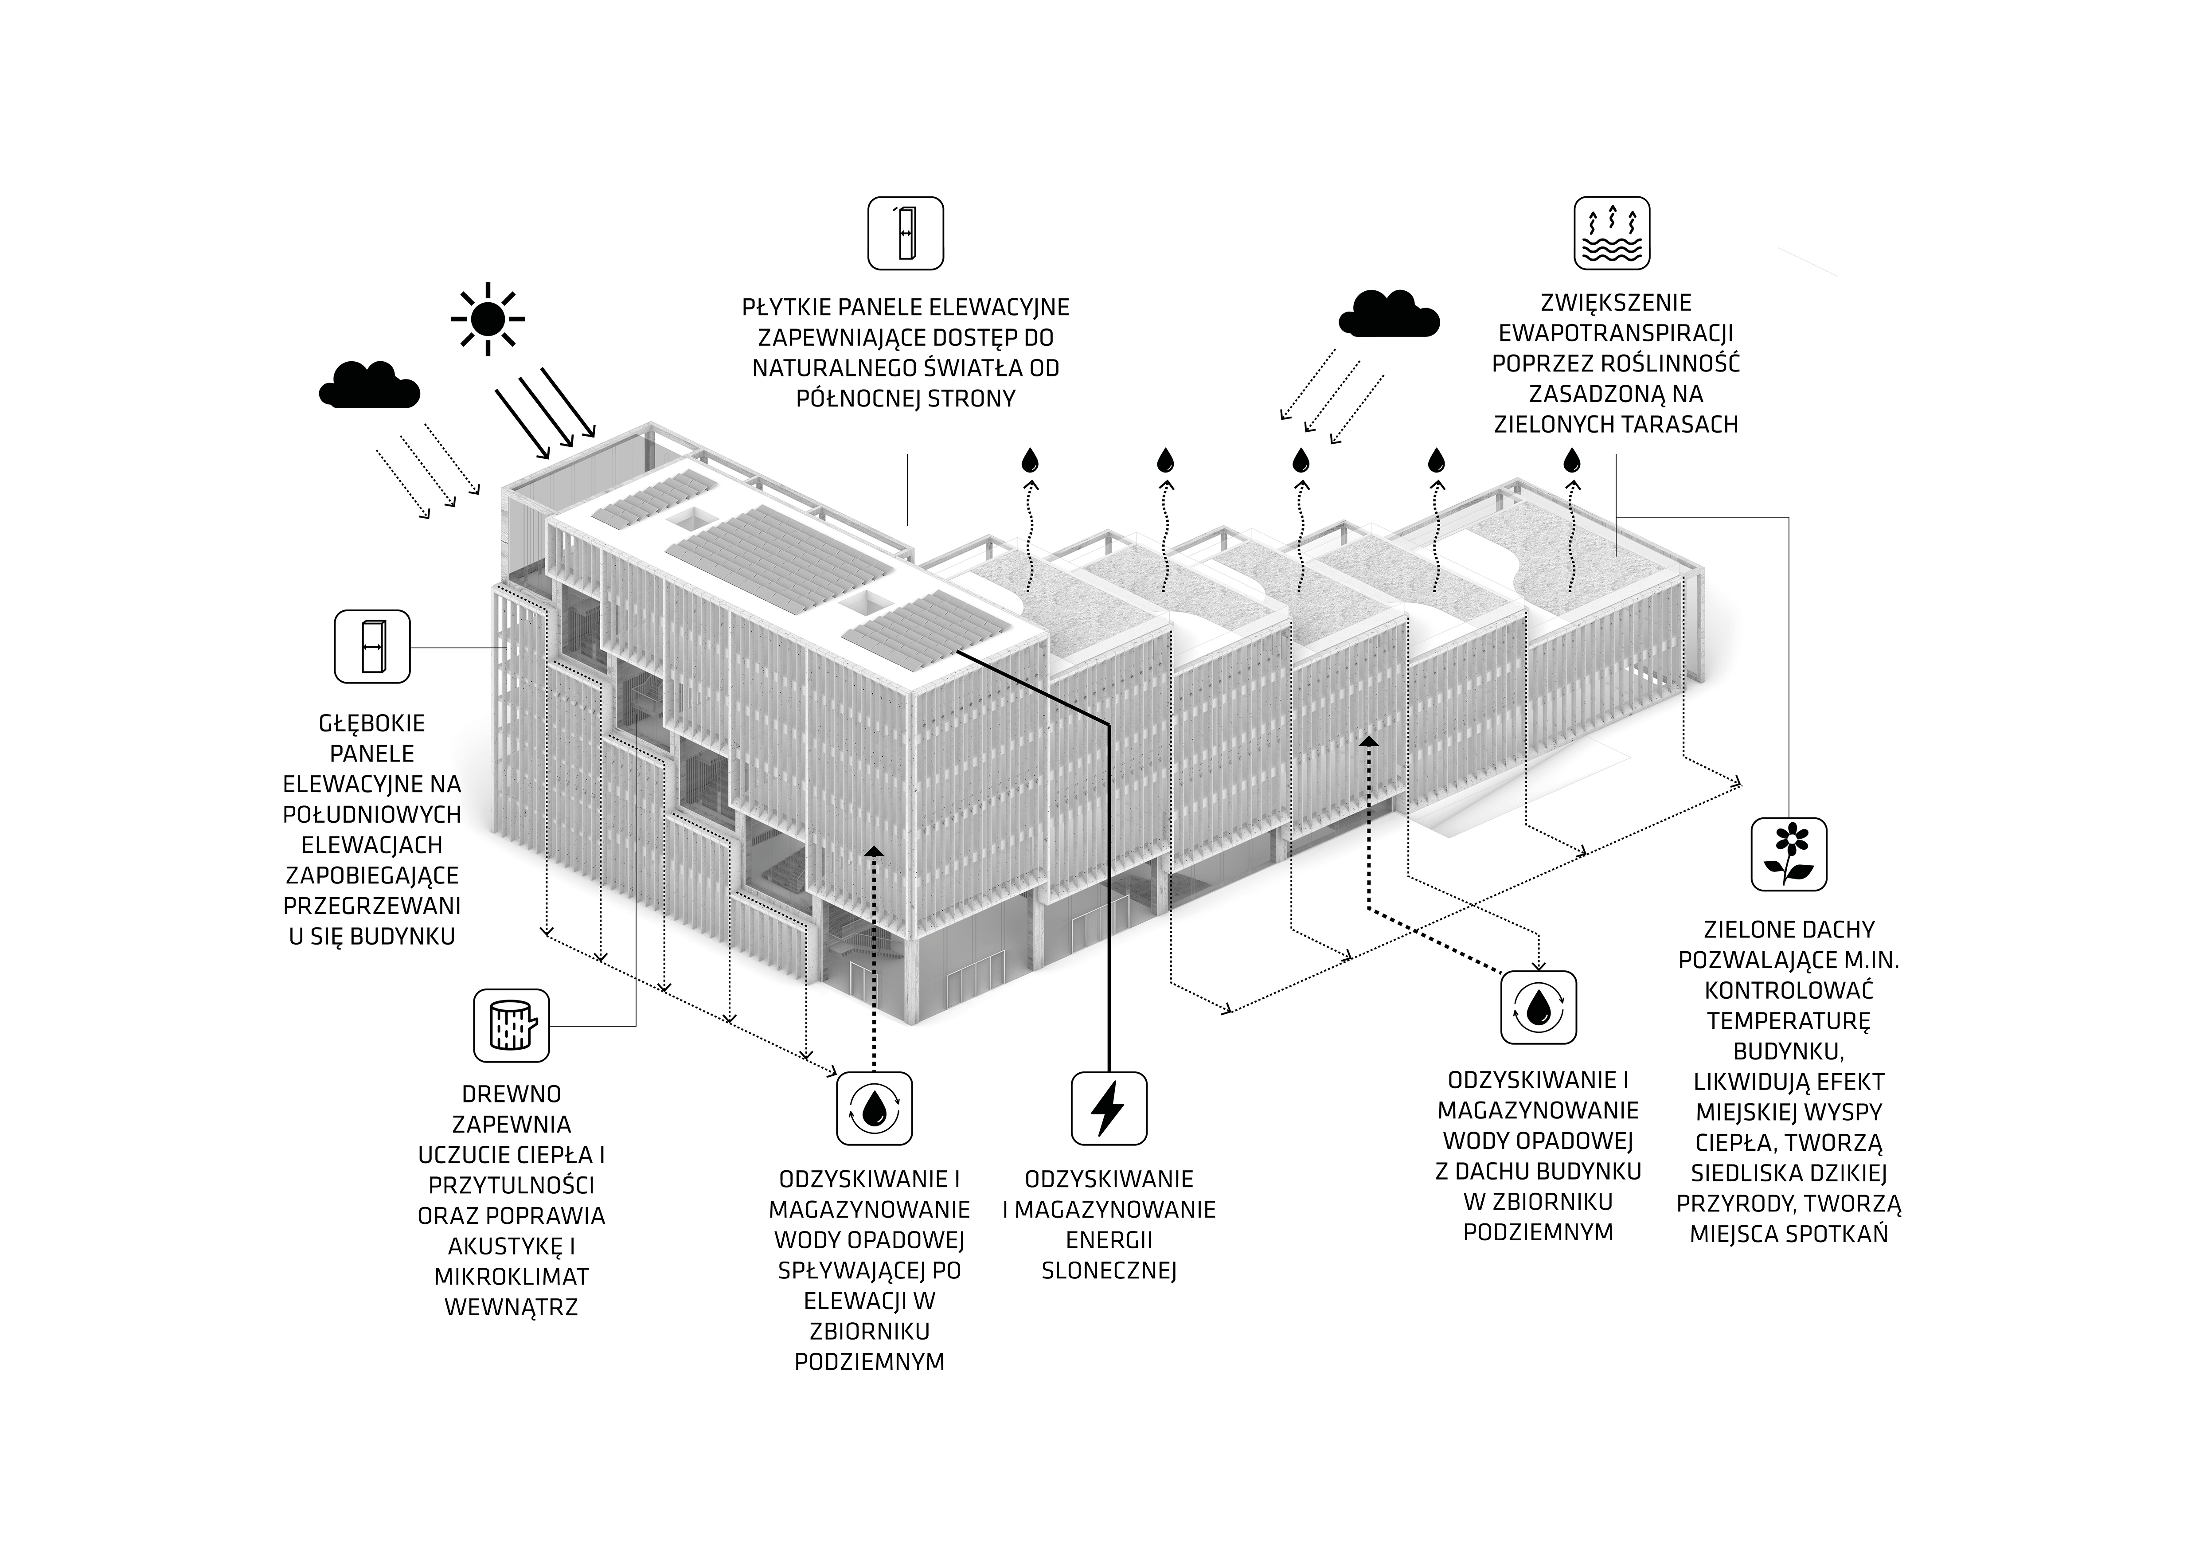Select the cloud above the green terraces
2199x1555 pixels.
point(1389,313)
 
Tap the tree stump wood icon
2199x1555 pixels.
point(512,1025)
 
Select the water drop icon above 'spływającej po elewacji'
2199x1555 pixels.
point(874,1108)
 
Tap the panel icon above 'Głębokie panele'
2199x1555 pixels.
point(371,646)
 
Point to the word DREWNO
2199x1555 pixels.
point(512,1094)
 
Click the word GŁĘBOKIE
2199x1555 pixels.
point(371,724)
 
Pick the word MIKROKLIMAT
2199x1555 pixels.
point(512,1276)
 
